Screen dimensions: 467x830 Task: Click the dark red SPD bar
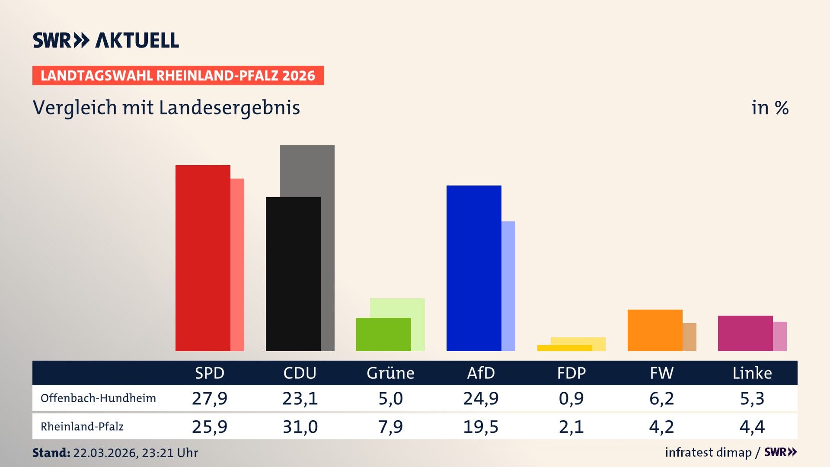[203, 258]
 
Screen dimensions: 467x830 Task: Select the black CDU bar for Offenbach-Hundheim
[293, 274]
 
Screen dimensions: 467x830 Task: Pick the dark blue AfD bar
[474, 268]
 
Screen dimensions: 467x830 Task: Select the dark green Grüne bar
[383, 334]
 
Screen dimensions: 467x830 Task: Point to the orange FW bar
[655, 330]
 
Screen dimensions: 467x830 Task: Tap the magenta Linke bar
[745, 333]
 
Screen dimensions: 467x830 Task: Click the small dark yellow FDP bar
[565, 348]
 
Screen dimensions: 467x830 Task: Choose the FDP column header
[571, 373]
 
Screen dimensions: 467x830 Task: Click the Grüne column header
[390, 373]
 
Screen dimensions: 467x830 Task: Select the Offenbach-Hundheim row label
[98, 398]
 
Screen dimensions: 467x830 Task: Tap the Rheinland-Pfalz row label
[82, 427]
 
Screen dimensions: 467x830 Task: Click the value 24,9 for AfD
[481, 398]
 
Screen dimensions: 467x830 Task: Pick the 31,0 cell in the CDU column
[300, 427]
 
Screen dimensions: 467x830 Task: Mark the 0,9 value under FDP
[571, 398]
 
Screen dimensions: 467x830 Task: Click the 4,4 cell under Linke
[752, 427]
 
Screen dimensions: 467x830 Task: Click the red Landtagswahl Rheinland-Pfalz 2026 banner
[178, 76]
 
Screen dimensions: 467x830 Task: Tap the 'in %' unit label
[769, 108]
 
